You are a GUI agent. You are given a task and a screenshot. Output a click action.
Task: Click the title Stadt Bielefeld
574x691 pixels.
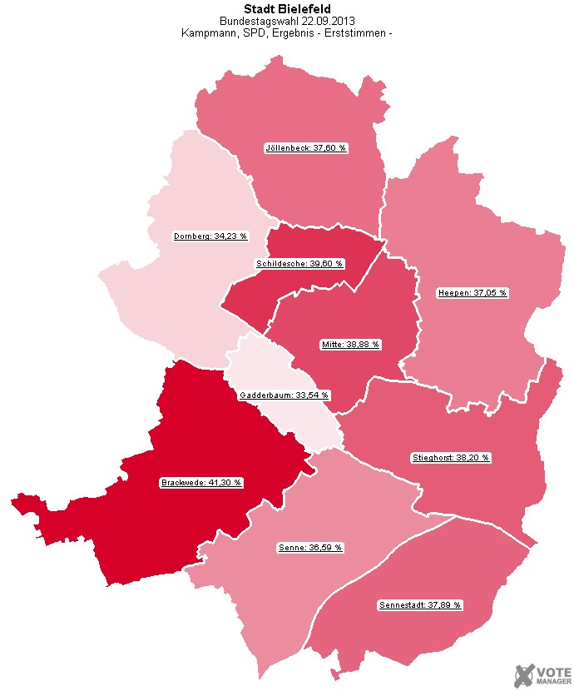[287, 9]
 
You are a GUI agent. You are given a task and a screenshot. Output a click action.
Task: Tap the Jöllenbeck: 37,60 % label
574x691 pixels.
[305, 147]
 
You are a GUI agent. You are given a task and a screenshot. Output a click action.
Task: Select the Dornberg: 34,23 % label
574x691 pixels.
[210, 236]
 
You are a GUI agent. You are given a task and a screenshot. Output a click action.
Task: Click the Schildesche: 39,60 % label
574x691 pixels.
[299, 263]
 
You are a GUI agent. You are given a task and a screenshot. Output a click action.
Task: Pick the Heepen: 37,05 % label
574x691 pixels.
[473, 292]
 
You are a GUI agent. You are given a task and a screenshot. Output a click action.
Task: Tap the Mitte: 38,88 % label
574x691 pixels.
[350, 343]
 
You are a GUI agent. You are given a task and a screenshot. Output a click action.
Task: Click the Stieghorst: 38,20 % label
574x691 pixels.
[452, 457]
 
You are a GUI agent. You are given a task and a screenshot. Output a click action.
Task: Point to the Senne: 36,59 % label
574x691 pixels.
[309, 548]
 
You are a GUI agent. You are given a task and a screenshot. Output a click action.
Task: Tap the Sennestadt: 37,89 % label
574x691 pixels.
[420, 604]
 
